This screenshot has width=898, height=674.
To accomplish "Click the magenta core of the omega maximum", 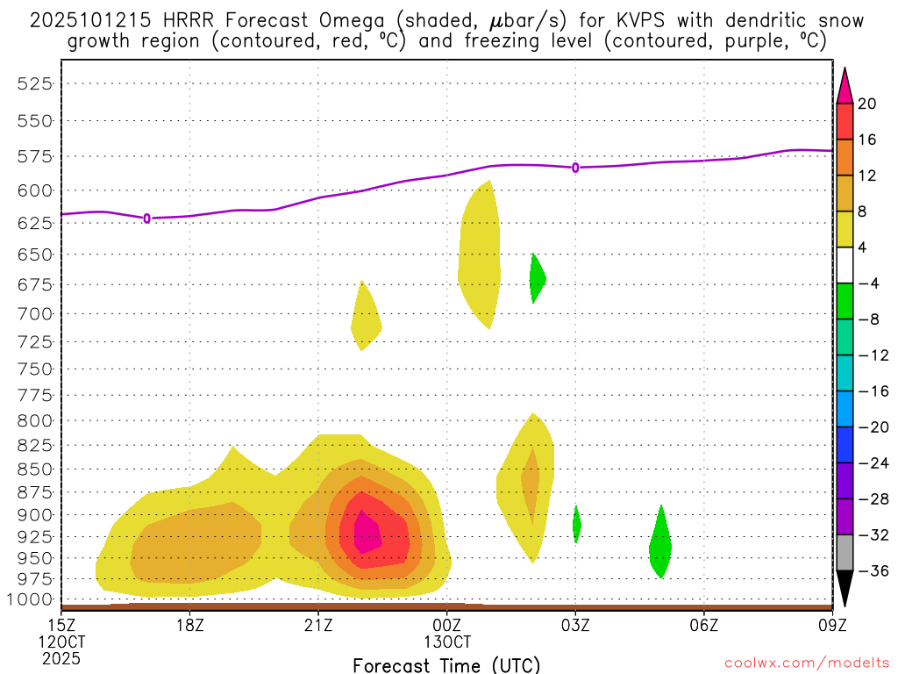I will click(367, 533).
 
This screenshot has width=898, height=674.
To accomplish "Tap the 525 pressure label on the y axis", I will click(35, 83).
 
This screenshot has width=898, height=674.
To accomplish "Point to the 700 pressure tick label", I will click(35, 313).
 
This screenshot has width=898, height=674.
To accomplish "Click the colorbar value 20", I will click(867, 104).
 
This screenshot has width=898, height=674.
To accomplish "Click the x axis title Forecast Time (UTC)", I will click(446, 664).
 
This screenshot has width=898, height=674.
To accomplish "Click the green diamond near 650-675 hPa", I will click(537, 279).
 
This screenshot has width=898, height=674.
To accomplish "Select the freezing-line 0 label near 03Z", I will click(575, 167).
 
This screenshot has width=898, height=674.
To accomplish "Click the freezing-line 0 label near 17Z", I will click(146, 218).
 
